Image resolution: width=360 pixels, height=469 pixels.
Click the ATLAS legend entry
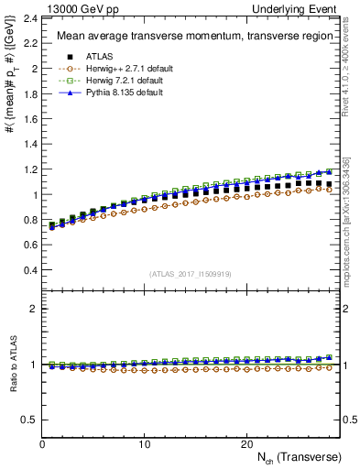pyautogui.click(x=94, y=57)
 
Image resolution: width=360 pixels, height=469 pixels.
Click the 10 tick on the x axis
pyautogui.click(x=145, y=444)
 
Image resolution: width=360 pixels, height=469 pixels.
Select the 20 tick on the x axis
pyautogui.click(x=246, y=444)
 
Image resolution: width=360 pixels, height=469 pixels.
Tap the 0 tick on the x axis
pyautogui.click(x=43, y=444)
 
